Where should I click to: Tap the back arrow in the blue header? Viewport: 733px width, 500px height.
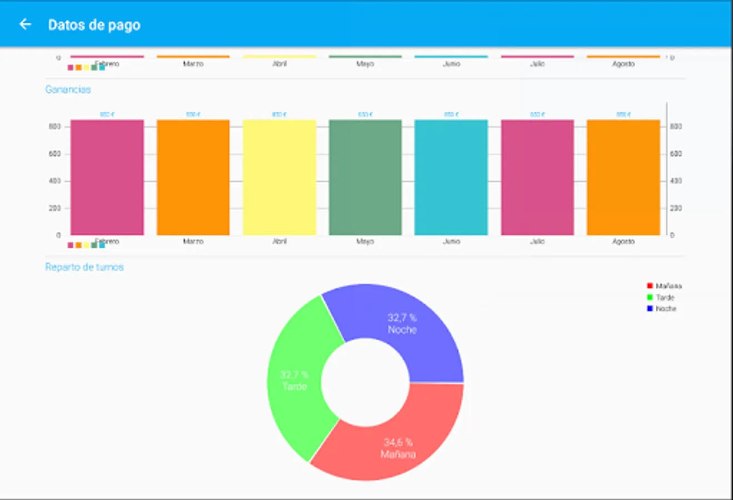click(x=25, y=24)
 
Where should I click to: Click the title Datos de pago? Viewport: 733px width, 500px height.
click(x=94, y=25)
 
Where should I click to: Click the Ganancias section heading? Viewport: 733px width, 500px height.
click(x=68, y=89)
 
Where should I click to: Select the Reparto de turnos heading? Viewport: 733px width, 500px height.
click(x=84, y=267)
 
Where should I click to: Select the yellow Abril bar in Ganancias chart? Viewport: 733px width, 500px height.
click(x=279, y=178)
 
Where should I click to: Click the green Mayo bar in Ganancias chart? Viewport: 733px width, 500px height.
click(x=365, y=178)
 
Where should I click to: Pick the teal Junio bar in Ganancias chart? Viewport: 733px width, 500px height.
click(x=451, y=178)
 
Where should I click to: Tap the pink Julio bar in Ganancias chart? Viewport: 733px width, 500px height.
click(x=537, y=178)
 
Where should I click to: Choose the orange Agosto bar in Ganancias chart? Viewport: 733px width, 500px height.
click(x=623, y=178)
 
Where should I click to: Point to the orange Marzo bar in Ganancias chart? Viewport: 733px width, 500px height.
click(x=193, y=178)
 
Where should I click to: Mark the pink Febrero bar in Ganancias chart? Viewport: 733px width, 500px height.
click(x=107, y=178)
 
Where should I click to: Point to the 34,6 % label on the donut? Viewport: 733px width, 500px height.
click(x=398, y=442)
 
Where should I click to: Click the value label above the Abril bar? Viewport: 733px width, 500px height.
click(x=279, y=114)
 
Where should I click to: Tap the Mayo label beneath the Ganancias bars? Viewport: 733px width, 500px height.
click(x=365, y=242)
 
